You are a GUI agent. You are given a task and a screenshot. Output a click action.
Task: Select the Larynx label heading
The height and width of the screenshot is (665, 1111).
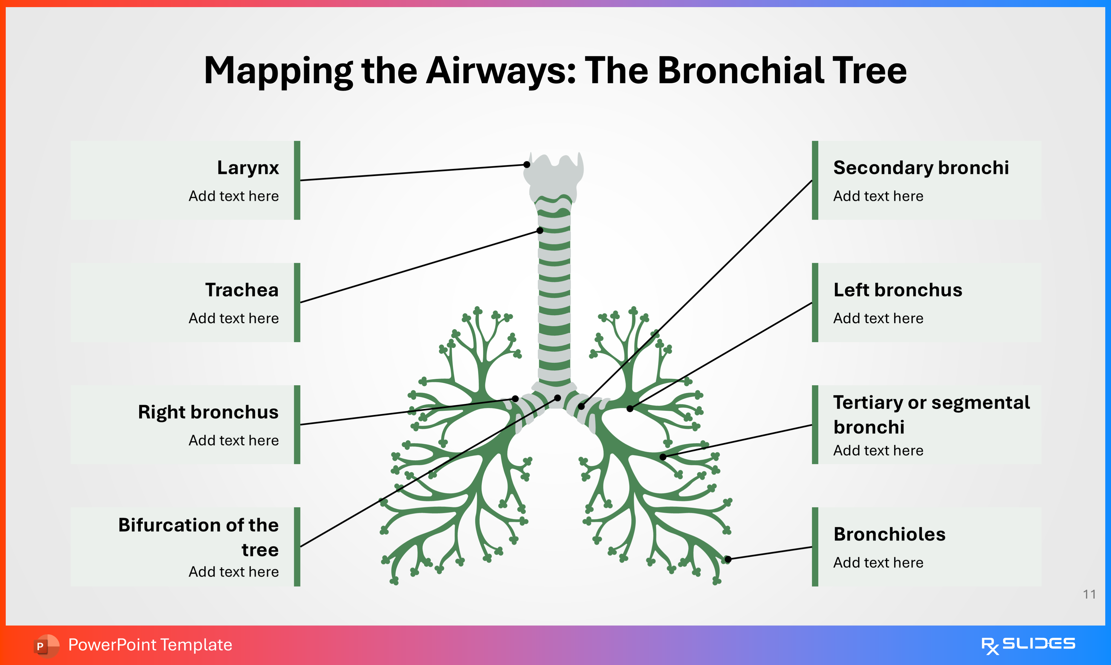click(x=248, y=167)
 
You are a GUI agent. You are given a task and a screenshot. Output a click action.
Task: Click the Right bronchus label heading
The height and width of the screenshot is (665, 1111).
click(x=208, y=412)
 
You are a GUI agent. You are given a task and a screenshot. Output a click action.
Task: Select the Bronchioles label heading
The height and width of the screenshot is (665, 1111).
click(x=889, y=534)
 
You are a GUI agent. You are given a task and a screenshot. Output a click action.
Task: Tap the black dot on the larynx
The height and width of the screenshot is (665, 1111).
click(x=527, y=164)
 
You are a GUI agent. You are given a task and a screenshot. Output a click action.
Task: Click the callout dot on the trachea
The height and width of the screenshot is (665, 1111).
click(x=540, y=230)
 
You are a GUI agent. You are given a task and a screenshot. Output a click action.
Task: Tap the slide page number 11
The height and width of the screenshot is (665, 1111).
click(x=1089, y=594)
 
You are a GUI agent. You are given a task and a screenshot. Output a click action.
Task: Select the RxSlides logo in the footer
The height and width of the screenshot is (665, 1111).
click(x=1028, y=645)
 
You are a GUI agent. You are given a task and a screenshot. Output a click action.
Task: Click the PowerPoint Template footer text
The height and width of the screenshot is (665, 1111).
click(x=150, y=645)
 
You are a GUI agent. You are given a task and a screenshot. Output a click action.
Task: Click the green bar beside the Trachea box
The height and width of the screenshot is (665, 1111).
click(x=297, y=302)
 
